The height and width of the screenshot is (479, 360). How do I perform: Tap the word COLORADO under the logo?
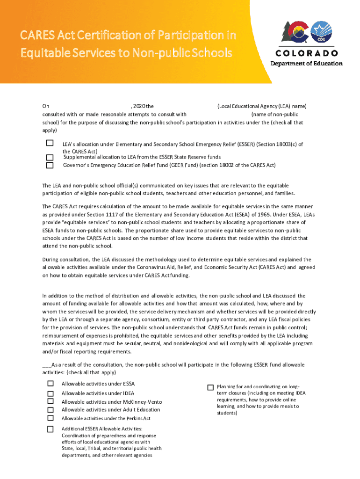pyautogui.click(x=306, y=53)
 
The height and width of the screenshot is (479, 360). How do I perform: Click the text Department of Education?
pyautogui.click(x=306, y=64)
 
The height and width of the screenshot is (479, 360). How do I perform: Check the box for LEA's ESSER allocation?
pyautogui.click(x=50, y=143)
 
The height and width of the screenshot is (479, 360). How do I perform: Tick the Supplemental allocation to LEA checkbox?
pyautogui.click(x=50, y=157)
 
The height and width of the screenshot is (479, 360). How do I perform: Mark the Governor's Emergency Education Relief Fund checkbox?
pyautogui.click(x=50, y=165)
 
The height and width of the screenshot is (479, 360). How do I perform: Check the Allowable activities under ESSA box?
pyautogui.click(x=50, y=384)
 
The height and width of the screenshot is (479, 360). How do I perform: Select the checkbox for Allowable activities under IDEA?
pyautogui.click(x=50, y=393)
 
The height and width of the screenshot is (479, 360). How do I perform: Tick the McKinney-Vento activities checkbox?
pyautogui.click(x=50, y=401)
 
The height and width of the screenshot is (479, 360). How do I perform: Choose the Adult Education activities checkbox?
pyautogui.click(x=50, y=409)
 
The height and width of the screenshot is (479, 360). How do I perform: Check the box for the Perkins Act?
pyautogui.click(x=50, y=418)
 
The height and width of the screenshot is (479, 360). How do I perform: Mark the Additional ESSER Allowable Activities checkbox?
pyautogui.click(x=50, y=429)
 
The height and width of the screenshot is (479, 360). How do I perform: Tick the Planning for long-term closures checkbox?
pyautogui.click(x=210, y=387)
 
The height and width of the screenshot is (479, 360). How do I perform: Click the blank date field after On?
pyautogui.click(x=89, y=107)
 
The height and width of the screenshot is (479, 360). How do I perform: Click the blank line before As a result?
pyautogui.click(x=46, y=365)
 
